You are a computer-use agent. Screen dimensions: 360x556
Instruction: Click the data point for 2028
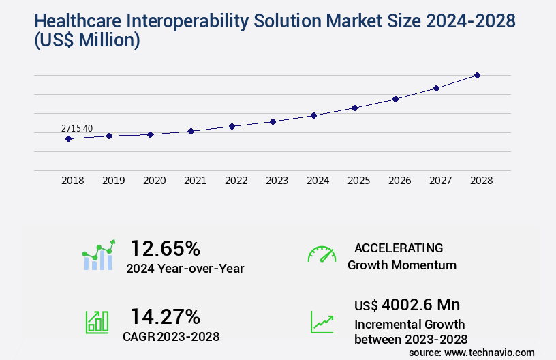click(x=477, y=75)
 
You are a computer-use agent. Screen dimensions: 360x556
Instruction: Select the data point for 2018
click(x=68, y=138)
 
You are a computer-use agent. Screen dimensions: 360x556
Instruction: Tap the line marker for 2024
click(x=313, y=115)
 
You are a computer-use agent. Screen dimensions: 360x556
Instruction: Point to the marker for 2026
click(x=395, y=99)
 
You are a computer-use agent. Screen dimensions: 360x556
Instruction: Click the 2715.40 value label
click(x=77, y=128)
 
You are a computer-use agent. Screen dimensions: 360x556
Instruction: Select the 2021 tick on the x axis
click(x=195, y=181)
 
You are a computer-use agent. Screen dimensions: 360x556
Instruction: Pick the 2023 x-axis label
click(x=277, y=181)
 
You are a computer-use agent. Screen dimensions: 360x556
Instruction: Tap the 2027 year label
click(x=440, y=181)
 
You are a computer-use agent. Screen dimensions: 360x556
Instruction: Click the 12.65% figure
click(x=165, y=248)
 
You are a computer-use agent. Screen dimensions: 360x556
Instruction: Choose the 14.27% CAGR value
click(x=165, y=316)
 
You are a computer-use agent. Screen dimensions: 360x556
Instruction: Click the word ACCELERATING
click(x=399, y=247)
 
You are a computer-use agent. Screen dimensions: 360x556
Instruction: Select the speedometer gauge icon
click(x=322, y=254)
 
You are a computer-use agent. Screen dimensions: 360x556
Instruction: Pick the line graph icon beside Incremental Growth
click(x=322, y=322)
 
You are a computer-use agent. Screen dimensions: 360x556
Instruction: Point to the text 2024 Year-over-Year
click(x=185, y=268)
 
